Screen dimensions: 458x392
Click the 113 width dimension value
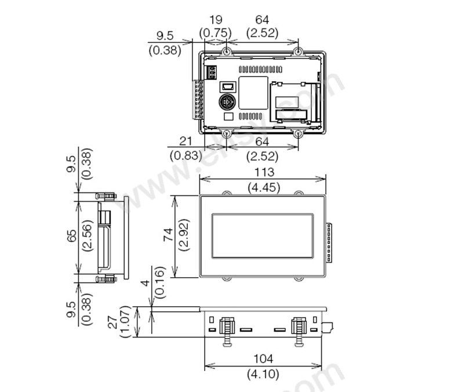coord(264,172)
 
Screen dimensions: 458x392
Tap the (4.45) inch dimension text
coord(264,187)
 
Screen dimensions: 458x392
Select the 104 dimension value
coord(263,359)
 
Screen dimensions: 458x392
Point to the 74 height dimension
coord(168,234)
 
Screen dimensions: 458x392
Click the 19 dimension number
coord(216,20)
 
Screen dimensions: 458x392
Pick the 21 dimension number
coord(186,141)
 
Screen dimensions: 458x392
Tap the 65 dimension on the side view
coord(71,235)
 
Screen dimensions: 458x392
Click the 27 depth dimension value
coord(112,321)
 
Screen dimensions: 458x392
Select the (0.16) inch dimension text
coord(159,282)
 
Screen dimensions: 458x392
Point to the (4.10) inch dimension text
coord(263,374)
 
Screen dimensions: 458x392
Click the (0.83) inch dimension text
coord(186,155)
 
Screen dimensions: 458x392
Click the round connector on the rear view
coord(227,102)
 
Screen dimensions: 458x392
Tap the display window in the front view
coord(263,236)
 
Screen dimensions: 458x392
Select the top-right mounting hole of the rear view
coord(298,52)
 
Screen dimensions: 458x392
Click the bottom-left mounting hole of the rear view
coord(227,134)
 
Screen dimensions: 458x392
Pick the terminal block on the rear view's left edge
coord(198,100)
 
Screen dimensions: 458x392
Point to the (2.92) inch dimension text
coord(184,234)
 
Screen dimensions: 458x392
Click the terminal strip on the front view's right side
coord(329,242)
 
